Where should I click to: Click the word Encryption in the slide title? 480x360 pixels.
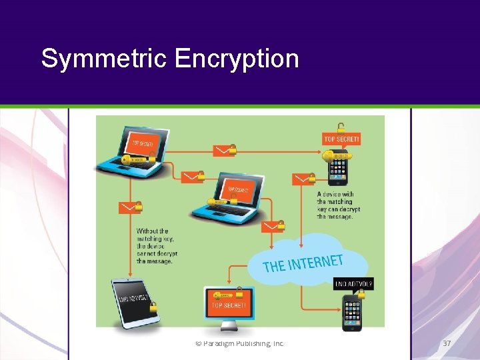pos(237,59)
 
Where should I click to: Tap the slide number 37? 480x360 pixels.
pos(447,343)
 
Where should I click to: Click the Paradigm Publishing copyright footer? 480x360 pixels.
pos(239,343)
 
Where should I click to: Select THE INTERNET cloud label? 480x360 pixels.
pos(303,263)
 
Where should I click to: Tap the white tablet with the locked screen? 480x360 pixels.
pos(135,302)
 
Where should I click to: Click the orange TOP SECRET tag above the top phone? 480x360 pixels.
pos(341,139)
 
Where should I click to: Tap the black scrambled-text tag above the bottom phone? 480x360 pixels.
pos(353,284)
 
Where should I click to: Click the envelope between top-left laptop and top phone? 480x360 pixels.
pos(223,151)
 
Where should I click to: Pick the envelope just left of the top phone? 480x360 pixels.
pos(303,179)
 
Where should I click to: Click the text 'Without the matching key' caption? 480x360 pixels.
pos(155,246)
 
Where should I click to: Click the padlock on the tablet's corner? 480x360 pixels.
pos(153,307)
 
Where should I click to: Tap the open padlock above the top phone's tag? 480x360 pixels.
pos(341,127)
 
